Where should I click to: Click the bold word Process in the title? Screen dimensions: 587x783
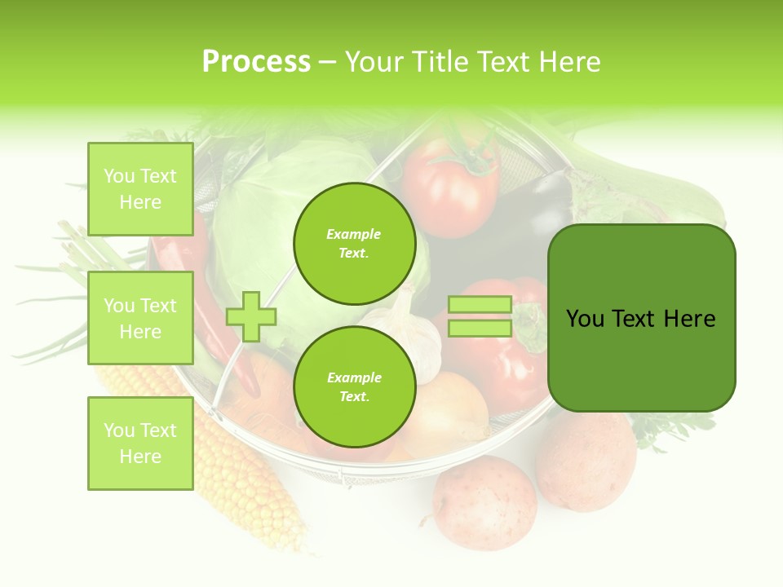tap(256, 62)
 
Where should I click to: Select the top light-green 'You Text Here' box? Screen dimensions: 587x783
tap(140, 189)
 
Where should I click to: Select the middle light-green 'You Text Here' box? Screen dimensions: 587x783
tap(140, 318)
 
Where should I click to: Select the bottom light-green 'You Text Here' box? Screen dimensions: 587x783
tap(140, 443)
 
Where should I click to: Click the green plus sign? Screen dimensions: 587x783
tap(251, 316)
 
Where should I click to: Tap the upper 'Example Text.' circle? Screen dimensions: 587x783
tap(354, 243)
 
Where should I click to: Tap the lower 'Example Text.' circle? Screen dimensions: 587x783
tap(354, 386)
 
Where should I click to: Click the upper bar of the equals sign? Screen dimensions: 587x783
tap(480, 305)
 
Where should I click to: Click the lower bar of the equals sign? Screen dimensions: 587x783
tap(480, 329)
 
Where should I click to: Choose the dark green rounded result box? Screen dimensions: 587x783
tap(641, 318)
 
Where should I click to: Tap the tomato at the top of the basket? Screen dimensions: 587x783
tap(450, 188)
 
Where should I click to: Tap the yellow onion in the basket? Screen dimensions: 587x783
tap(445, 412)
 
